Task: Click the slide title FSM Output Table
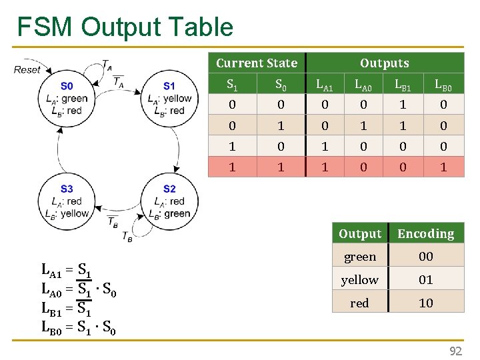click(125, 27)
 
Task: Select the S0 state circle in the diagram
click(67, 98)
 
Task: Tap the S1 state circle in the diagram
click(169, 98)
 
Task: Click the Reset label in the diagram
click(27, 69)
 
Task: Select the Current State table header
click(257, 63)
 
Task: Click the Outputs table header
click(385, 63)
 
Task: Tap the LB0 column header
click(443, 85)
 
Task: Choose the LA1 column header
click(325, 85)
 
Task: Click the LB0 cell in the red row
click(443, 167)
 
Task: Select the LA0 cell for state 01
click(363, 126)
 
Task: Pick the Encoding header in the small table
click(425, 234)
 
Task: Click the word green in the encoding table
click(360, 257)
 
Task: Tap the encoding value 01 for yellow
click(425, 280)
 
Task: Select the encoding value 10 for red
click(425, 303)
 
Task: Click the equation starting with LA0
click(79, 290)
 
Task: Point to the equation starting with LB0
click(79, 327)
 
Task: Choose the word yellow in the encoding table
click(360, 280)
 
